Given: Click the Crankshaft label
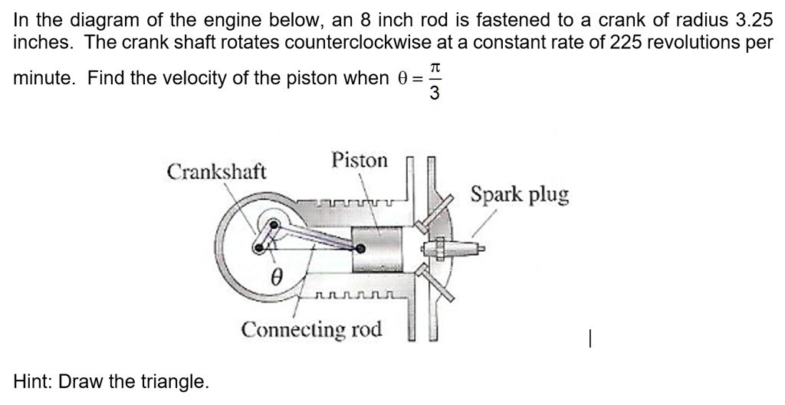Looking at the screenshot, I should click(216, 171).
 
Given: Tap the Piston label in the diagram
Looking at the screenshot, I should click(360, 161).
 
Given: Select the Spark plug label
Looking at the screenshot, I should click(519, 194).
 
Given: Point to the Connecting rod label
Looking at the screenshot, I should click(311, 330).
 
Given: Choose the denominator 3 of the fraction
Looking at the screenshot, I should click(435, 93).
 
